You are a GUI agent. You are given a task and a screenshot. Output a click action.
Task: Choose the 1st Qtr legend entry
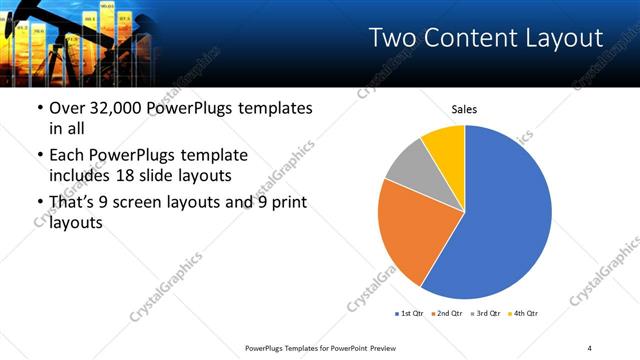(411, 314)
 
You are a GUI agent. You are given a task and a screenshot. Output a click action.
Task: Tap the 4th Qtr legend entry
(524, 314)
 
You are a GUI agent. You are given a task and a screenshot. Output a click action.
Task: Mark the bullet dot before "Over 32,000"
(39, 108)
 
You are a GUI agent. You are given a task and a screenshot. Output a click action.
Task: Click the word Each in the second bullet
(67, 155)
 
